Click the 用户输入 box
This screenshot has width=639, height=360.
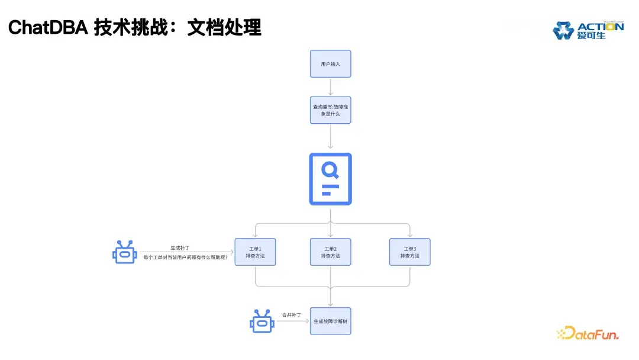(330, 63)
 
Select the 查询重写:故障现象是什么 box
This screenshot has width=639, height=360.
(330, 110)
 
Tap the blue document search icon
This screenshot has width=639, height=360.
(330, 179)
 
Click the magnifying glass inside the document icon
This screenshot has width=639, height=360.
(330, 171)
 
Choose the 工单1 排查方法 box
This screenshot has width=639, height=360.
(255, 252)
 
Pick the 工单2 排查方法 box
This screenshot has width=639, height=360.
(330, 252)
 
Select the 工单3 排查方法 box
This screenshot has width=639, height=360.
(409, 252)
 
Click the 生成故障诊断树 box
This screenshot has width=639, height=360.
(330, 321)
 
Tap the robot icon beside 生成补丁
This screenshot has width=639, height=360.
(124, 252)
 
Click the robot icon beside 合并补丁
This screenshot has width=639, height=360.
(261, 321)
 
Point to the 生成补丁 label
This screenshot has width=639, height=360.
(180, 247)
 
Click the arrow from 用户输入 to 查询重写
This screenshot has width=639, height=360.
(330, 86)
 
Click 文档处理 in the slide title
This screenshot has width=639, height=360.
(224, 27)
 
